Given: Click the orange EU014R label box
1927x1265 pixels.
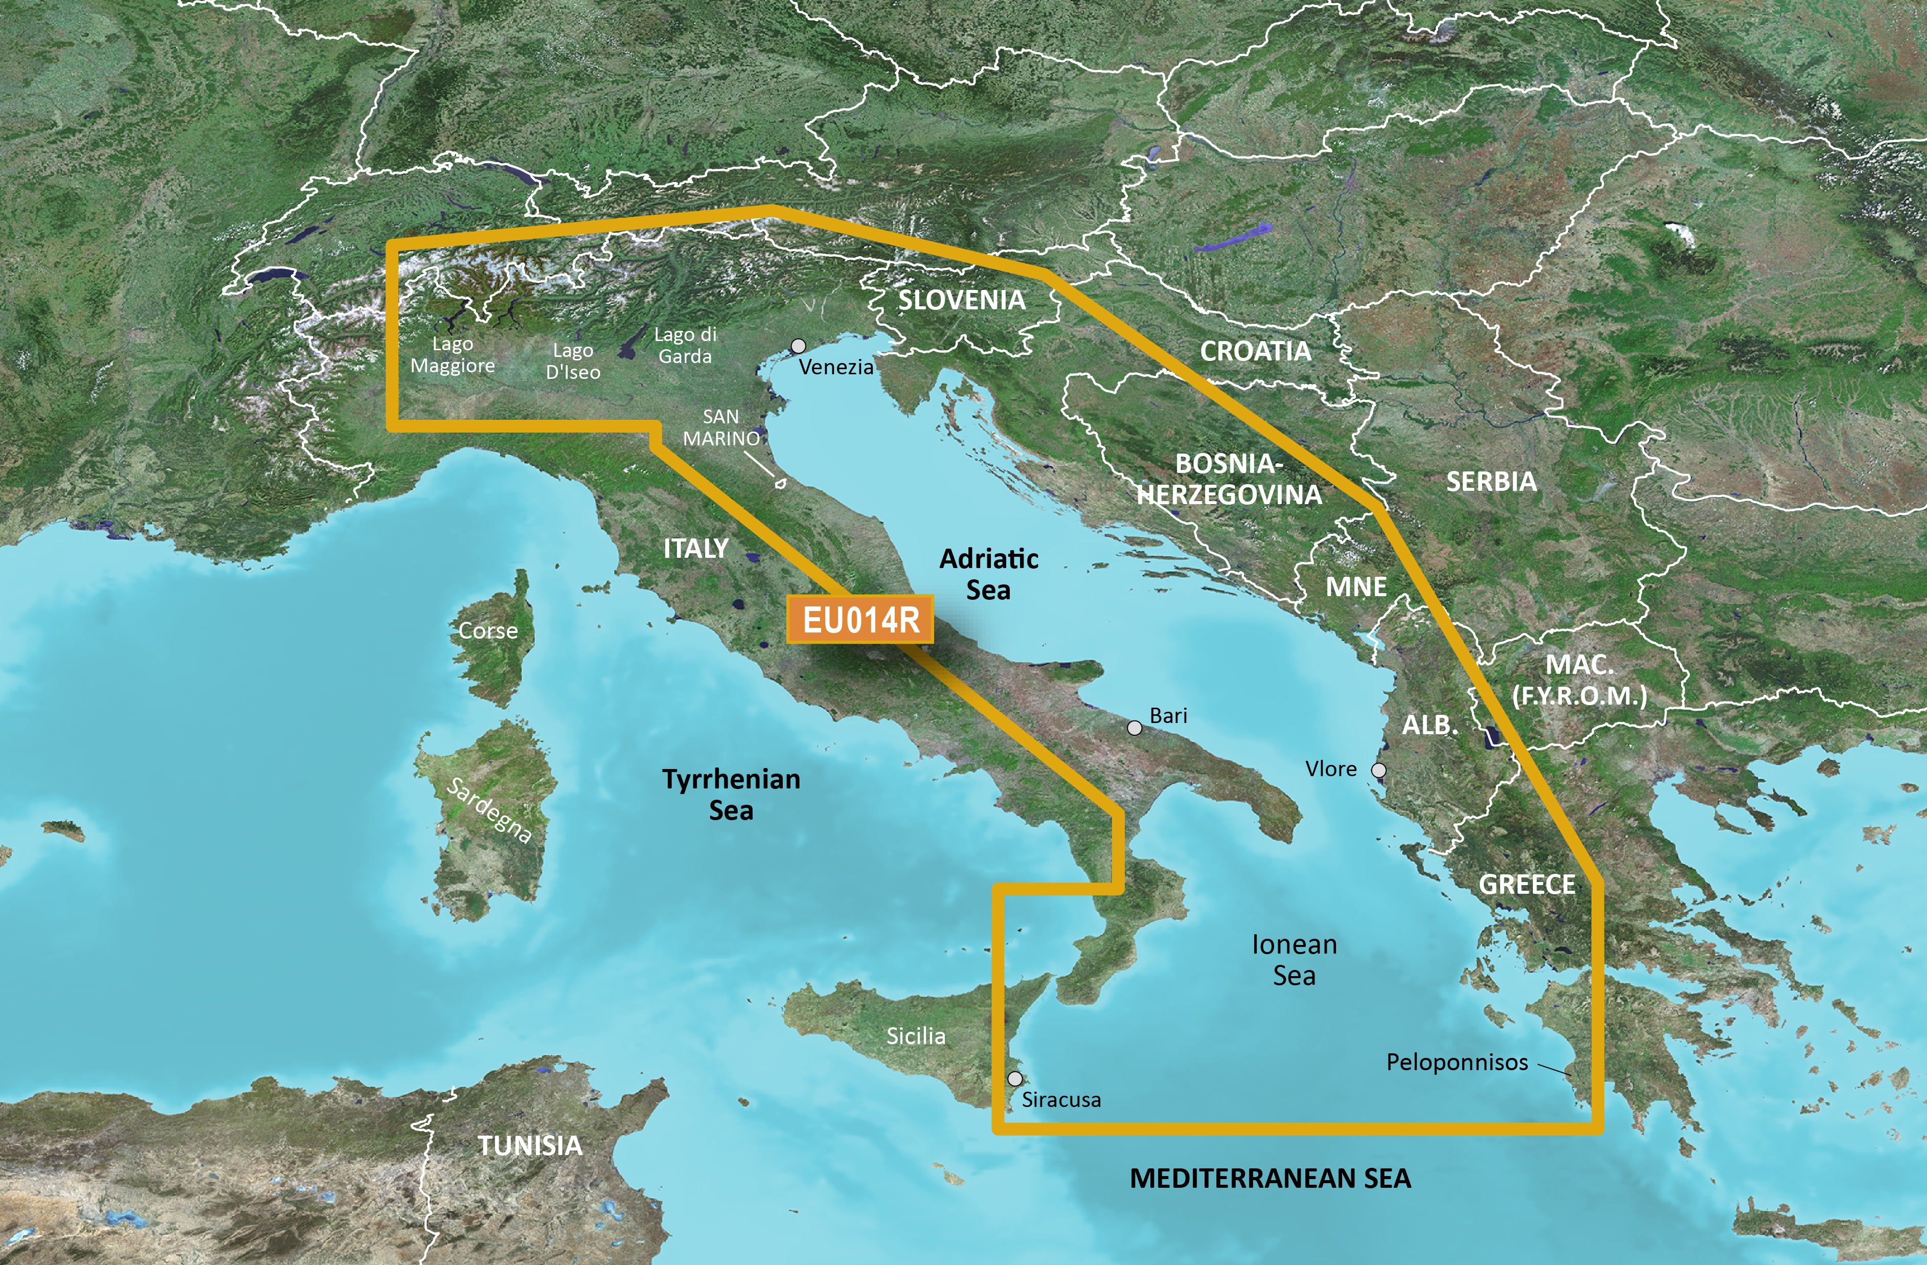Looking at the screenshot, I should [x=860, y=620].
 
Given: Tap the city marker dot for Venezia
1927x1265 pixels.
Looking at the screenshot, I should [x=798, y=346].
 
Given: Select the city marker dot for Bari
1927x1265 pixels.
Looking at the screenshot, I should [x=1135, y=728].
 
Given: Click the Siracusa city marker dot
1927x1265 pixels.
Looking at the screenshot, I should [x=1014, y=1079].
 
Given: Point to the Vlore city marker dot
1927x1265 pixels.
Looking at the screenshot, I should [x=1378, y=770].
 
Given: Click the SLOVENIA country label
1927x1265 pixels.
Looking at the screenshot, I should [x=962, y=301].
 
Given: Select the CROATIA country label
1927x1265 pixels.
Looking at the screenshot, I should [x=1255, y=351].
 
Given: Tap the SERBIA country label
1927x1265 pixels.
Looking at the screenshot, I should [x=1491, y=482].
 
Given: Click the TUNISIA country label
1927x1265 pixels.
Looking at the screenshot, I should [x=530, y=1145].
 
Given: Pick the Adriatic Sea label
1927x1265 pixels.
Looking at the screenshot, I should [x=989, y=573].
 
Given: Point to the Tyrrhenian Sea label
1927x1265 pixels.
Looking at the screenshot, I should [x=731, y=794].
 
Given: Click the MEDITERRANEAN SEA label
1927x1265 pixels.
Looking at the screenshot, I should [x=1269, y=1179].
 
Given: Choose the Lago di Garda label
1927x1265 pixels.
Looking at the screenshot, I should [x=685, y=345].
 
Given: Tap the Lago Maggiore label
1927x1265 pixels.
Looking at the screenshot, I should [x=452, y=355].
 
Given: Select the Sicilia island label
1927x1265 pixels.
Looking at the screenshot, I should [x=916, y=1036].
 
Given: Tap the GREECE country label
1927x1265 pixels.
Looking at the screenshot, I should [x=1527, y=885].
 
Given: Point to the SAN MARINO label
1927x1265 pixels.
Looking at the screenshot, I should [x=720, y=427].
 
